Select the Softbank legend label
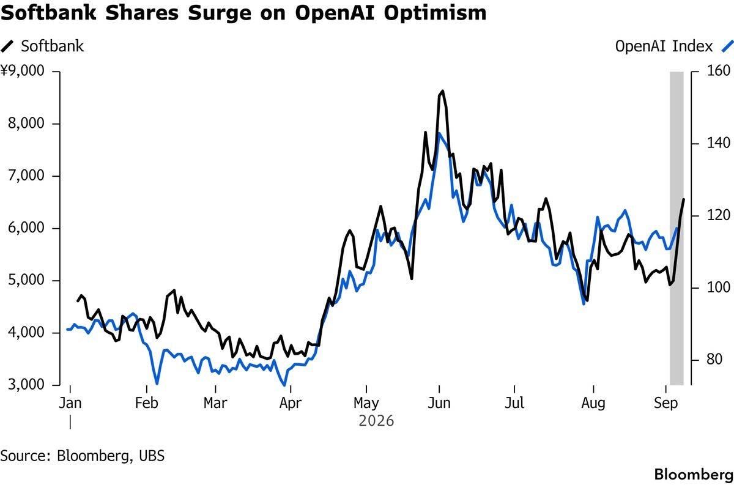[53, 46]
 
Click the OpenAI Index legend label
[664, 46]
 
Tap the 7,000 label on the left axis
[26, 176]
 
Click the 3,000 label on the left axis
[26, 385]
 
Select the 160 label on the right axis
[719, 71]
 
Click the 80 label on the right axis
[714, 360]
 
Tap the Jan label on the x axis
[70, 403]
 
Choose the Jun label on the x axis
[439, 403]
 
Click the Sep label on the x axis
[666, 403]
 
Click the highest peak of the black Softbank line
[443, 91]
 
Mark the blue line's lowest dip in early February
[157, 383]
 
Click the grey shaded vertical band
[677, 228]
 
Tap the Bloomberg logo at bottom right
[694, 475]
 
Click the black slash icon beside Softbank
[7, 46]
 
